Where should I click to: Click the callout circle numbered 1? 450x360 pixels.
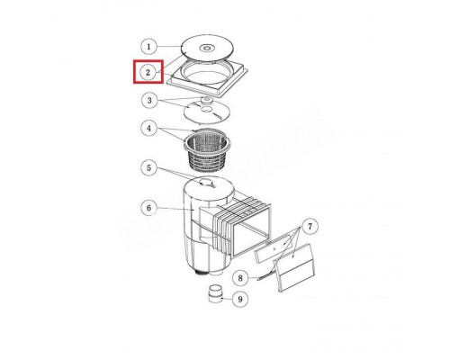[148, 47]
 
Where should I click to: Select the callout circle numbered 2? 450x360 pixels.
[148, 72]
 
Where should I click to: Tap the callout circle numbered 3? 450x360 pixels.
[149, 101]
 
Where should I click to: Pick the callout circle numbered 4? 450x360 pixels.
[149, 128]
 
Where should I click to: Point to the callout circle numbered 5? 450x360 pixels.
[149, 167]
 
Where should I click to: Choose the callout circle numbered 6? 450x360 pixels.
[149, 208]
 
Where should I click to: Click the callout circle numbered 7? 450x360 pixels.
[310, 227]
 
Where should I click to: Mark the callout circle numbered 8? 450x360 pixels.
[240, 278]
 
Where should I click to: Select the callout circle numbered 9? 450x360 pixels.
[239, 299]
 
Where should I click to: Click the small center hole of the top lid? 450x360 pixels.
[206, 48]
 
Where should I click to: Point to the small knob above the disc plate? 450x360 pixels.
[206, 100]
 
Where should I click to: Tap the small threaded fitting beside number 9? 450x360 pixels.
[215, 294]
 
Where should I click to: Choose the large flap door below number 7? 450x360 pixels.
[294, 267]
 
